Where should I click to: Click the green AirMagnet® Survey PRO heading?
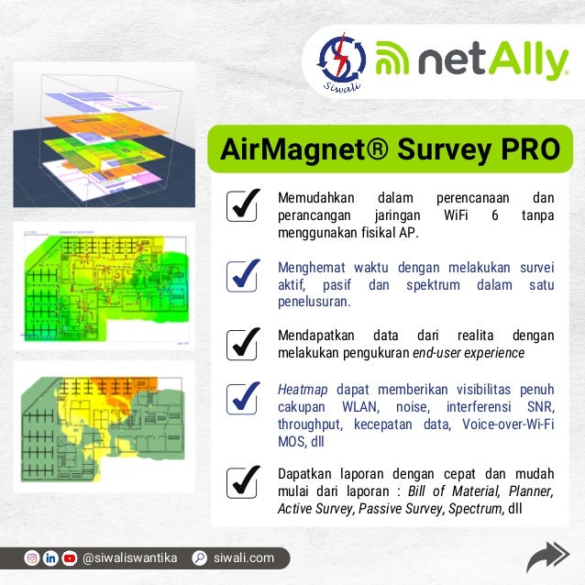coord(390,149)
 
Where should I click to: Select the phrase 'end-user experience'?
coord(468,353)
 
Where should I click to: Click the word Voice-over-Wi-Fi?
coord(509,425)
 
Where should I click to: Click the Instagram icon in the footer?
coord(31,557)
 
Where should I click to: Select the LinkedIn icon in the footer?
coord(50,557)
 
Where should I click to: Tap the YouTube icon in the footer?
coord(70,557)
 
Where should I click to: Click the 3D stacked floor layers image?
coord(104,136)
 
